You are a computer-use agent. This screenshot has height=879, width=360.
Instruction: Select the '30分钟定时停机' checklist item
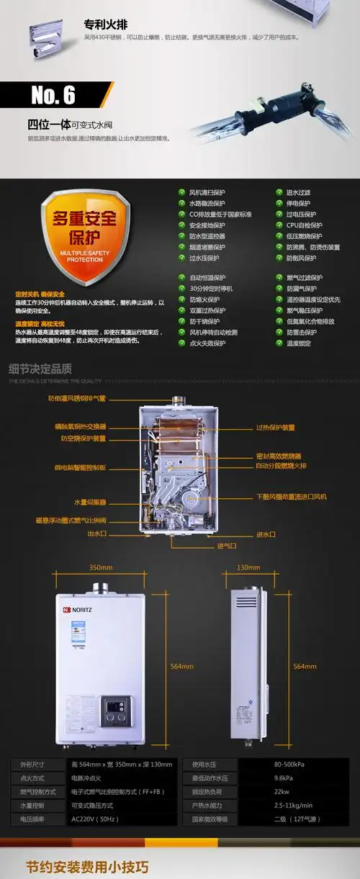click(211, 288)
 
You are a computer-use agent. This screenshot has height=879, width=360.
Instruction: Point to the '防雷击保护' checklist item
click(301, 332)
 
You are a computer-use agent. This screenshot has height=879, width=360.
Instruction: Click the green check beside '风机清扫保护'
click(181, 192)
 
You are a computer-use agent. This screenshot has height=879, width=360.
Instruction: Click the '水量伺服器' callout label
click(90, 502)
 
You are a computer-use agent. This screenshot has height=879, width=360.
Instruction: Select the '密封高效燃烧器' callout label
click(279, 456)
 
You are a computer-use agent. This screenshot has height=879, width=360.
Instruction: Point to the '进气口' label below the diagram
click(226, 546)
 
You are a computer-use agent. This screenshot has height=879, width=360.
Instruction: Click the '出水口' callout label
click(96, 534)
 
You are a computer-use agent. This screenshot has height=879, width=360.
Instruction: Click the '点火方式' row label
click(33, 777)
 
